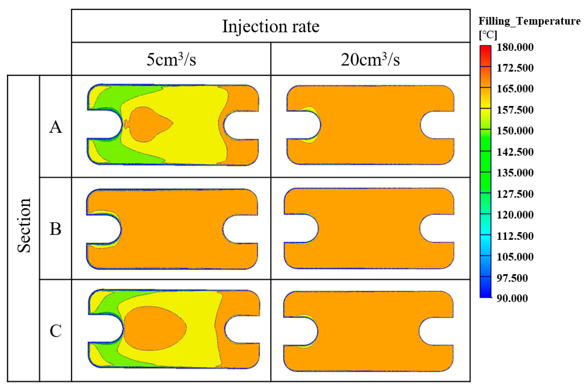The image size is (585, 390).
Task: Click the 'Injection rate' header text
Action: tap(271, 26)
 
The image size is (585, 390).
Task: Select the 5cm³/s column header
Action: tap(171, 59)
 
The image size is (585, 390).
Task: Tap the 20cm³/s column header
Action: tap(370, 59)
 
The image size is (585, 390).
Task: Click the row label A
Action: tap(56, 127)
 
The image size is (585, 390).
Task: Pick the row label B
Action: tap(56, 229)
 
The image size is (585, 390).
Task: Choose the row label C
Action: tap(56, 331)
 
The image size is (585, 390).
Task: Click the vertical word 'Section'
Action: tap(24, 225)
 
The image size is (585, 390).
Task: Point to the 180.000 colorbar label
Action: tap(515, 47)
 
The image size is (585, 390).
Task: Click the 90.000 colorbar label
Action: tap(512, 298)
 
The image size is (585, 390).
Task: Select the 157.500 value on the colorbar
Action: tap(515, 110)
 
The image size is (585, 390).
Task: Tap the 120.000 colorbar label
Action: tap(515, 215)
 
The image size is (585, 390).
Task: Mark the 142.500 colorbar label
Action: tap(515, 152)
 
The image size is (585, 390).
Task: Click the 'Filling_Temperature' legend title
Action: tap(529, 21)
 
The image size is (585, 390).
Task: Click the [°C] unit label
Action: tap(488, 35)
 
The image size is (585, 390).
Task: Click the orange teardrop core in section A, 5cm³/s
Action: tap(147, 124)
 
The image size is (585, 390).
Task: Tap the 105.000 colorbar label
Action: tap(515, 257)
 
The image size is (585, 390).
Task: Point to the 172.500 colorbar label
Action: tap(515, 68)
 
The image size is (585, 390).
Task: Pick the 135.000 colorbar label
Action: tap(515, 173)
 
